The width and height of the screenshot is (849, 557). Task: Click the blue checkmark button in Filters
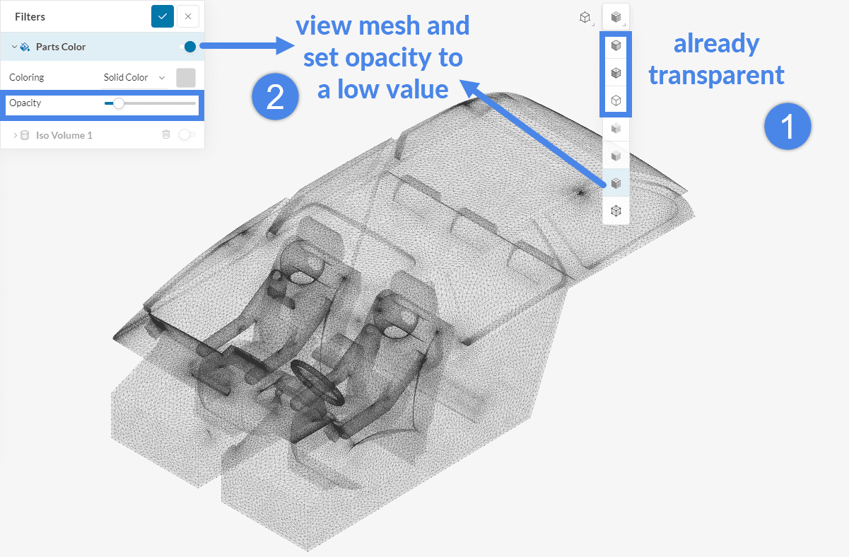pos(162,16)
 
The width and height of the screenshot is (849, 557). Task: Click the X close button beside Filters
pos(188,16)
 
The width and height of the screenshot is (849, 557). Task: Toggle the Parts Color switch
pos(187,47)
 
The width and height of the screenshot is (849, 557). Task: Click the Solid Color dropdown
pos(134,77)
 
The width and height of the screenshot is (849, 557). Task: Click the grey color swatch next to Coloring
pos(186,77)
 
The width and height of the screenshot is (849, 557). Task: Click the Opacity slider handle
pos(119,103)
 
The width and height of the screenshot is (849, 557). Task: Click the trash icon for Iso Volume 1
pos(166,134)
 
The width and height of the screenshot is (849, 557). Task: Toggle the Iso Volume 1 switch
pos(187,134)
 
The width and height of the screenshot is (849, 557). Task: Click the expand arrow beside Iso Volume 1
pos(15,135)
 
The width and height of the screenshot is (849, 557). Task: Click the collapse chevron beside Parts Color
pos(14,47)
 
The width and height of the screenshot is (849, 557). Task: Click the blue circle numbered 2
pos(275,96)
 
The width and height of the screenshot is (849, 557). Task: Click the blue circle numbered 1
pos(787,126)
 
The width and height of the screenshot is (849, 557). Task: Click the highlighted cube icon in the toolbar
pos(616,183)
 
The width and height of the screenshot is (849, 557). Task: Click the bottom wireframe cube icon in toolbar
pos(616,211)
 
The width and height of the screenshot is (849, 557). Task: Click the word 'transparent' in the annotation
pos(716,75)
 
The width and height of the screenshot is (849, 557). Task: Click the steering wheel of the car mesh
pos(317,381)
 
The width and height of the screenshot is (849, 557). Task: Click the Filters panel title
pos(30,17)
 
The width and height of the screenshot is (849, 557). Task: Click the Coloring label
pos(27,77)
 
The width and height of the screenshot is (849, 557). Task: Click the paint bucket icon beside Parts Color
pos(25,47)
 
